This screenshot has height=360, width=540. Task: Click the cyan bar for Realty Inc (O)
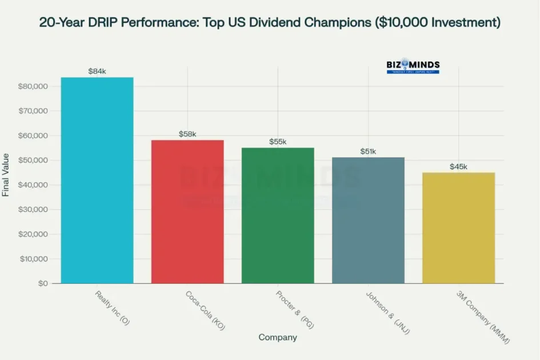tap(97, 180)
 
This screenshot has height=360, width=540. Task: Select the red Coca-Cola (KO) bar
tap(187, 211)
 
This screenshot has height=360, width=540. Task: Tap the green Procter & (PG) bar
tap(278, 215)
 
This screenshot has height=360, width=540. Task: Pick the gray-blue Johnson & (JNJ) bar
tap(368, 220)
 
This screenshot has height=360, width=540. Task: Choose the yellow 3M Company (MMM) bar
tap(458, 227)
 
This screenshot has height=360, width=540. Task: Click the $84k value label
tap(97, 71)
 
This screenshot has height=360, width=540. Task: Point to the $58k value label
tap(187, 134)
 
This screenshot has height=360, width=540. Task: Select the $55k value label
tap(278, 142)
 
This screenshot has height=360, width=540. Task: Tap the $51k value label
tap(368, 151)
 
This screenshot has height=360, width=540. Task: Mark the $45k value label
tap(458, 166)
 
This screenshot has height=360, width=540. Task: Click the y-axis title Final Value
tap(6, 175)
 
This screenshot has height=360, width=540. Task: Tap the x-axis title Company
tap(278, 338)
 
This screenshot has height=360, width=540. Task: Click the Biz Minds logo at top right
tap(413, 66)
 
